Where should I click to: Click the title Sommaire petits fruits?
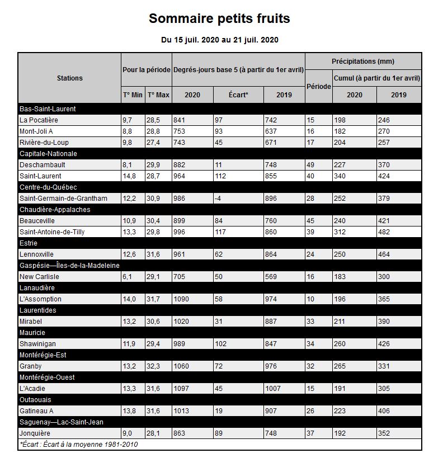(x=219, y=18)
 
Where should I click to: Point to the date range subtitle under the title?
(x=219, y=40)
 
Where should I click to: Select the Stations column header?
(x=69, y=78)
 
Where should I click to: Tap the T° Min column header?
(x=133, y=95)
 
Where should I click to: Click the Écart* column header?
(x=238, y=95)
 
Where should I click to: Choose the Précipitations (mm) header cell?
(x=362, y=61)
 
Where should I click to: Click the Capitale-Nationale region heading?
(x=48, y=154)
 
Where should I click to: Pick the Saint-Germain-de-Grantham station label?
(x=63, y=199)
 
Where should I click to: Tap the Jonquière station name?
(x=35, y=433)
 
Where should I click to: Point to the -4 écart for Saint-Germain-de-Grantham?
(x=219, y=199)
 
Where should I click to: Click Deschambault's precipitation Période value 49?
(x=310, y=165)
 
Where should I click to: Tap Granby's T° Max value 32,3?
(x=154, y=366)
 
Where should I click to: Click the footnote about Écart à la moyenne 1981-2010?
(x=78, y=445)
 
